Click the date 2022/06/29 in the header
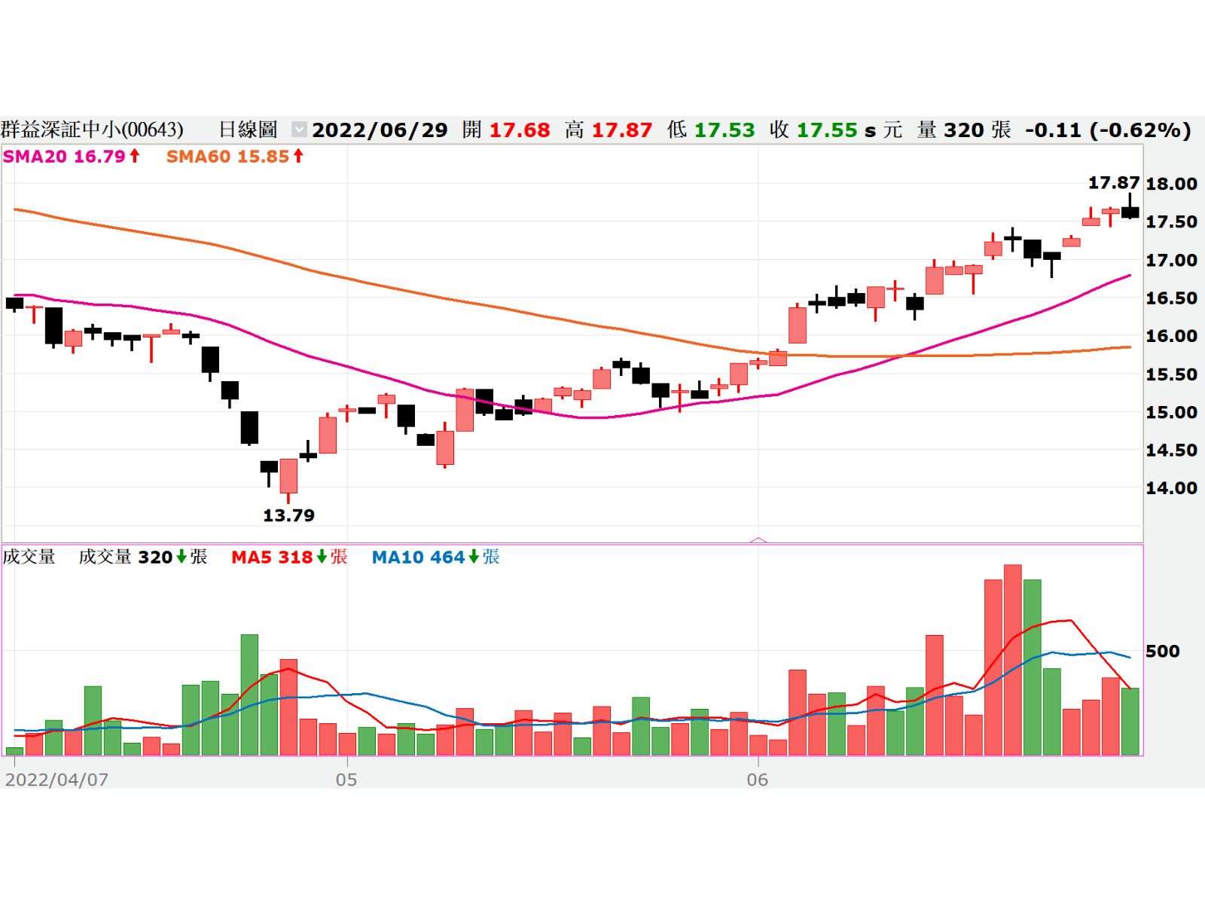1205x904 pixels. tap(380, 130)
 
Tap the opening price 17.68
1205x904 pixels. tap(520, 130)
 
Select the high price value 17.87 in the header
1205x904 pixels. tap(621, 130)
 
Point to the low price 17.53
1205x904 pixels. tap(724, 130)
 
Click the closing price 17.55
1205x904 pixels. tap(826, 130)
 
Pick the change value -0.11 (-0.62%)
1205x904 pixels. tap(1107, 130)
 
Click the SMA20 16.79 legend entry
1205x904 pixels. tap(72, 157)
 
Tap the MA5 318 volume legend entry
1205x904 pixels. tap(289, 557)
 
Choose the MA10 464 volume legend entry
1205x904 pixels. tap(435, 557)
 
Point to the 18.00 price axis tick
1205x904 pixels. tap(1171, 184)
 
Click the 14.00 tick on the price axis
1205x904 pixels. tap(1171, 488)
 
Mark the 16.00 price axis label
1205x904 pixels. tap(1171, 336)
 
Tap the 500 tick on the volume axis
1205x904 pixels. tap(1162, 651)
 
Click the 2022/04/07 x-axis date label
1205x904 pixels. tap(56, 780)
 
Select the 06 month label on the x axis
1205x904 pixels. tap(757, 780)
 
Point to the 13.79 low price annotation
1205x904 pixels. tap(288, 516)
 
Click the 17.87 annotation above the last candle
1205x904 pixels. tap(1113, 183)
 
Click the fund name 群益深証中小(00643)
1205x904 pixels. tap(92, 130)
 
